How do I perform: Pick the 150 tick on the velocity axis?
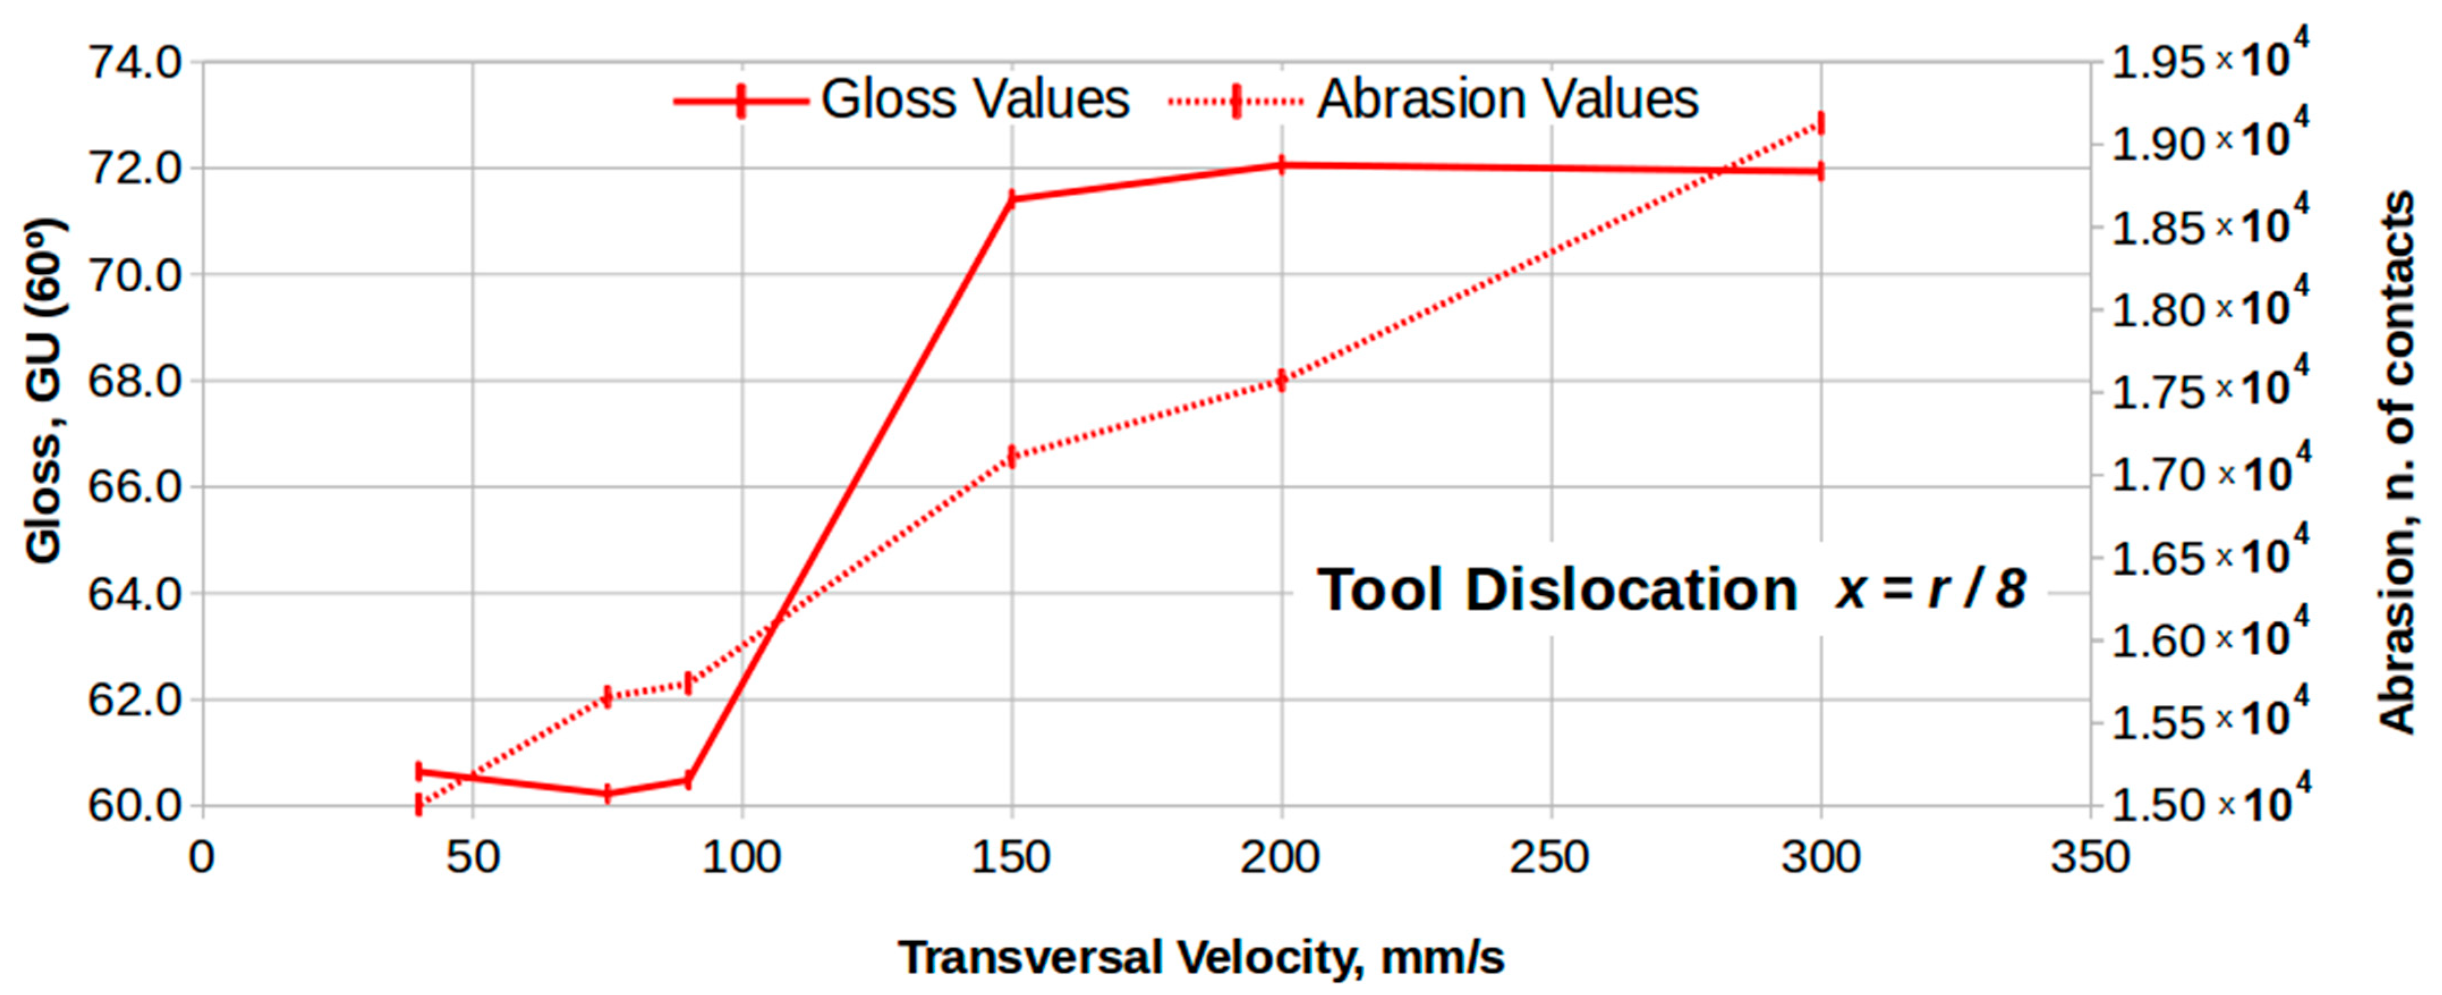(1011, 857)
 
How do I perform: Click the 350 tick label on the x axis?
(2090, 857)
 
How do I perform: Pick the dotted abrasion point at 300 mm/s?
(1820, 124)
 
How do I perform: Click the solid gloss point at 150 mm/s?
(1011, 199)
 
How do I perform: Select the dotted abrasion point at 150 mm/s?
(1011, 457)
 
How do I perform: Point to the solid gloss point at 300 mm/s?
(1820, 172)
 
